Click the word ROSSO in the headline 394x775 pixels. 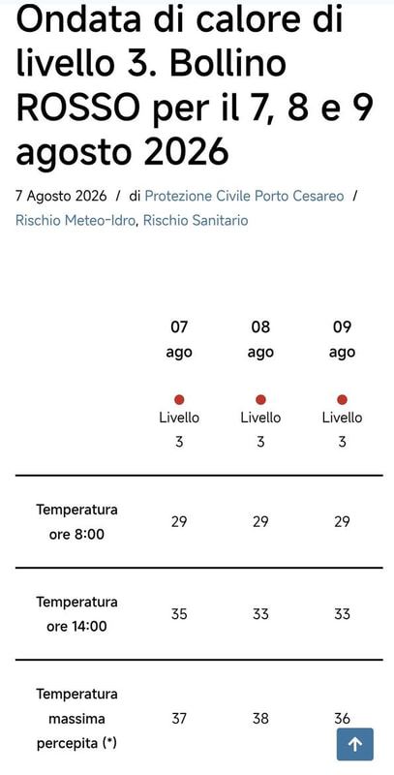[x=78, y=108]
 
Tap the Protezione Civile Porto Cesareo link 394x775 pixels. [x=244, y=197]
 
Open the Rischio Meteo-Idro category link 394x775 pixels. [x=76, y=220]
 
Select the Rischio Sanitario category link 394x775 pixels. [x=196, y=220]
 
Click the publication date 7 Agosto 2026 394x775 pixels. [x=61, y=197]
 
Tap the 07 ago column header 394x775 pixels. [x=179, y=340]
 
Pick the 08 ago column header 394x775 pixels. [x=260, y=340]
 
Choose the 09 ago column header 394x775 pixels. [x=342, y=340]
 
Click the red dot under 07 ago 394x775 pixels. [x=179, y=399]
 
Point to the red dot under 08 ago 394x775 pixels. [x=260, y=399]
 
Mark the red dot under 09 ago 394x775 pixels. [x=342, y=399]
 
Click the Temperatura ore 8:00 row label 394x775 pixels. [x=77, y=522]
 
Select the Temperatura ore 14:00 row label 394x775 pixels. [x=77, y=614]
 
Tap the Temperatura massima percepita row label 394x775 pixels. [x=77, y=718]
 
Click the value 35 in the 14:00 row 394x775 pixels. [x=179, y=614]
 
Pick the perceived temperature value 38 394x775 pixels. [x=260, y=718]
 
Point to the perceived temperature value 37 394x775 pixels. [x=179, y=718]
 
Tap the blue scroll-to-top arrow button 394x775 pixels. [x=355, y=744]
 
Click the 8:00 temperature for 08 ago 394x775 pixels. [x=260, y=522]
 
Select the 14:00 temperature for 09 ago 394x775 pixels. [x=342, y=614]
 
